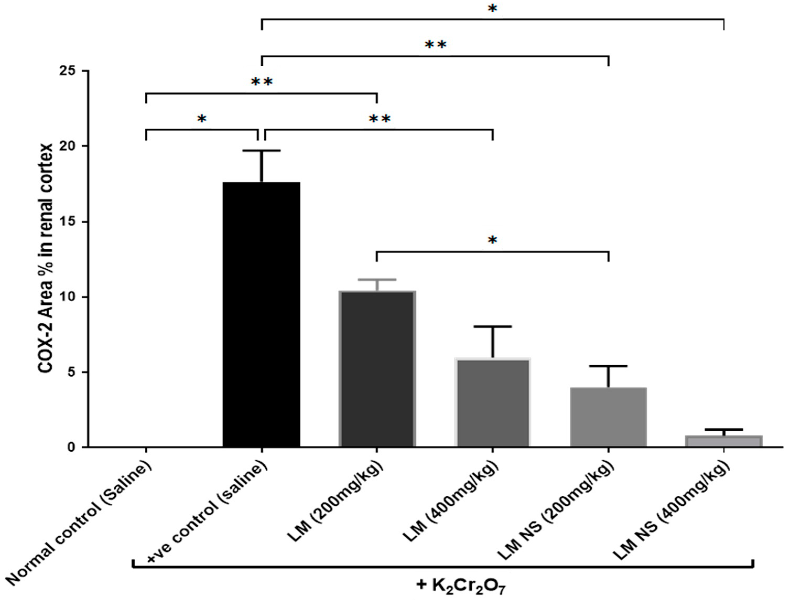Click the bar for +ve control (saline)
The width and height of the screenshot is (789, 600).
[261, 314]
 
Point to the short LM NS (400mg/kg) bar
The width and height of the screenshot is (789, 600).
[724, 441]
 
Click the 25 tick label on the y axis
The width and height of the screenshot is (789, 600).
[70, 71]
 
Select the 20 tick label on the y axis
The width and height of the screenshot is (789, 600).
[70, 146]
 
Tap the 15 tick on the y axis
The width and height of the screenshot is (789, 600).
[70, 222]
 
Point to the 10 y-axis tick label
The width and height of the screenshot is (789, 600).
[70, 297]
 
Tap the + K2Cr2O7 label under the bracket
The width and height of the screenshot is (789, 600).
[461, 586]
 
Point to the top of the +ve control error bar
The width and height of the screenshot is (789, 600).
[262, 151]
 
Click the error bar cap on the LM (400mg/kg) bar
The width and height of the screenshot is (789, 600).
[493, 326]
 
